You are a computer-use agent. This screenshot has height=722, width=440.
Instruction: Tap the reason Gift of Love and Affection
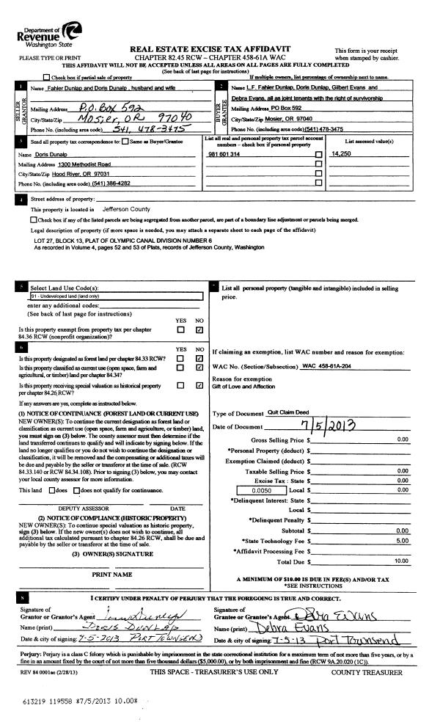coord(243,387)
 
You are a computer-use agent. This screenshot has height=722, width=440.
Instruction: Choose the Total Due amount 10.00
coord(400,561)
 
